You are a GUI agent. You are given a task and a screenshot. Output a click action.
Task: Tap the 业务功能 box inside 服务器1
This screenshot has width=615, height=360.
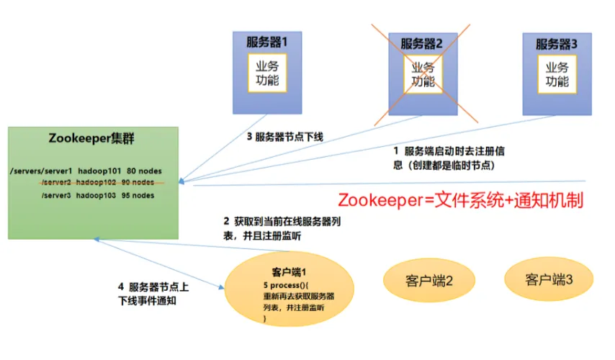point(267,72)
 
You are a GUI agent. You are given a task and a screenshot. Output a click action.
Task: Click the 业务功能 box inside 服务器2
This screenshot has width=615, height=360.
point(423,73)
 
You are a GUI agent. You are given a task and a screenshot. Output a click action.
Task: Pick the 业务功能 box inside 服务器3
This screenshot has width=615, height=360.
point(557,73)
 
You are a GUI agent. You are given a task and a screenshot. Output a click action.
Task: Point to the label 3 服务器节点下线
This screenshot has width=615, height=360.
point(284,136)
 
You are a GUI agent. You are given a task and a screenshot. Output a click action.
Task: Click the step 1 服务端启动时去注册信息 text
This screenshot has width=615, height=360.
point(447,158)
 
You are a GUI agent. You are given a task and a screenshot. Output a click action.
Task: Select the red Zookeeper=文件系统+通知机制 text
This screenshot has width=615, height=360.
point(460,199)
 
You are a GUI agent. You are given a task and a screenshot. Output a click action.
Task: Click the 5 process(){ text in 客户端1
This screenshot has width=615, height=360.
point(287,286)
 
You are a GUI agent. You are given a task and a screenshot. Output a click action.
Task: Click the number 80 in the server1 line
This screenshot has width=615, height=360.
point(132,171)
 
